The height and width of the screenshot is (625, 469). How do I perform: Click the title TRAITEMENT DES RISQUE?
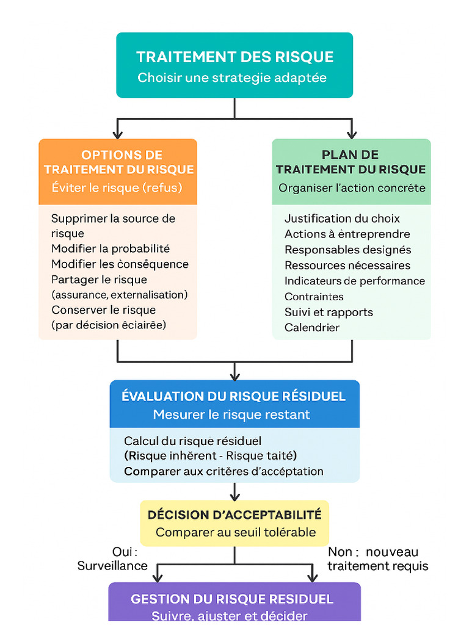234,57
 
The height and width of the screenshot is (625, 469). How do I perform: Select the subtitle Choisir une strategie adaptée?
232,78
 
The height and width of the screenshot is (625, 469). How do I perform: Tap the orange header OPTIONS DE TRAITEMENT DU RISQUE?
118,162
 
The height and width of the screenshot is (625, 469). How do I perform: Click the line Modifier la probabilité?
111,248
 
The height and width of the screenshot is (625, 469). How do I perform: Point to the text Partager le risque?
99,280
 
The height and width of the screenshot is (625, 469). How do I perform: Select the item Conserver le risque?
103,310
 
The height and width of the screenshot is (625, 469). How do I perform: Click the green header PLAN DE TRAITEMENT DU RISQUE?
351,162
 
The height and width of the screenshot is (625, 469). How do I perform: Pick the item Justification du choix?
342,219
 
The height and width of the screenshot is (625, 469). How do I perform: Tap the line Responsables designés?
347,250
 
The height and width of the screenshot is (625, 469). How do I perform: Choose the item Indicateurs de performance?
355,281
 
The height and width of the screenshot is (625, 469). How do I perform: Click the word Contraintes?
314,297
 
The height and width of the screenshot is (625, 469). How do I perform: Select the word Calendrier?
312,328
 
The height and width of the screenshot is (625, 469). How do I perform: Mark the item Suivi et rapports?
329,312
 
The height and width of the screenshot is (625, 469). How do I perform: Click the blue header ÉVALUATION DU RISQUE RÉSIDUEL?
234,397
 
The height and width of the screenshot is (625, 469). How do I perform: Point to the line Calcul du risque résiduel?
192,441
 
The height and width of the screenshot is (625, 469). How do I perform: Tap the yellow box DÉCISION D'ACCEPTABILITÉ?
234,515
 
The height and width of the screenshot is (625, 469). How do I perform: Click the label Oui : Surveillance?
113,559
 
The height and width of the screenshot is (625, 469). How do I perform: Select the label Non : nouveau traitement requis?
377,559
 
